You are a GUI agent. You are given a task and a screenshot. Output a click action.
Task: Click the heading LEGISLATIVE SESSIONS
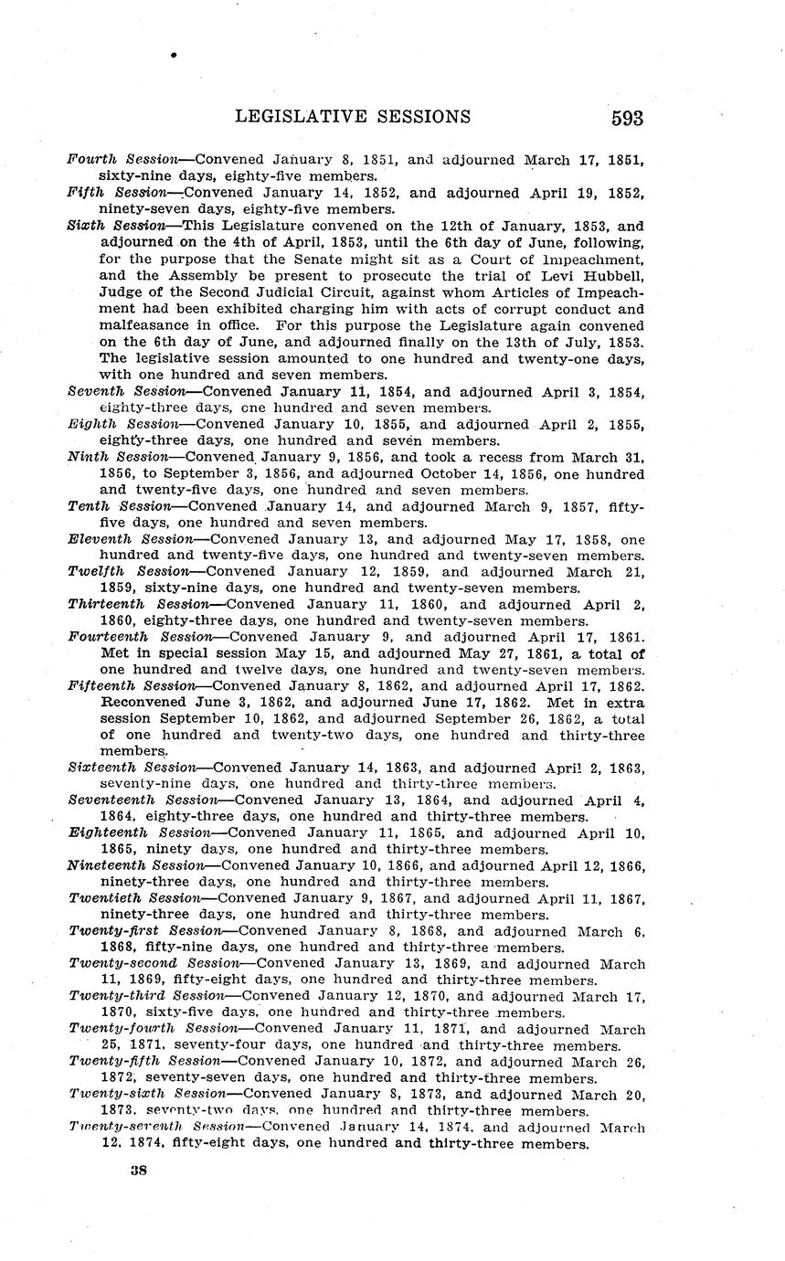(353, 117)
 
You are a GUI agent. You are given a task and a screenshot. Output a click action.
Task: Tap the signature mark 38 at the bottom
(140, 1169)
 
